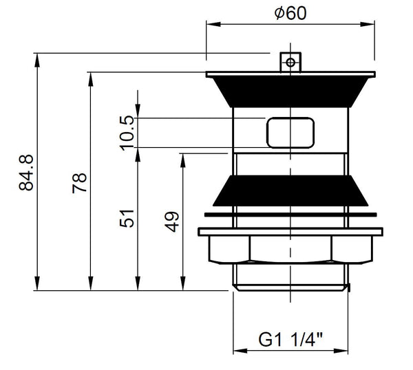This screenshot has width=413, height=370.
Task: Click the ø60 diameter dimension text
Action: coord(289,13)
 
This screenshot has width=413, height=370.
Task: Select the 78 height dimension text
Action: coord(81,183)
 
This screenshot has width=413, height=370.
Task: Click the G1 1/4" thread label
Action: coord(291,340)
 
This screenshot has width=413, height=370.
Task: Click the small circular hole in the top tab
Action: coord(291,63)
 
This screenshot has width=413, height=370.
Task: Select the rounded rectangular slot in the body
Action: coord(290,131)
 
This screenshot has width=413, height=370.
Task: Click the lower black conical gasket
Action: coord(290,191)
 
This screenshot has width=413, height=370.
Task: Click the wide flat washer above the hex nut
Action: coord(290,232)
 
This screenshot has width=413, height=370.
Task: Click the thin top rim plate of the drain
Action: coord(290,74)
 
